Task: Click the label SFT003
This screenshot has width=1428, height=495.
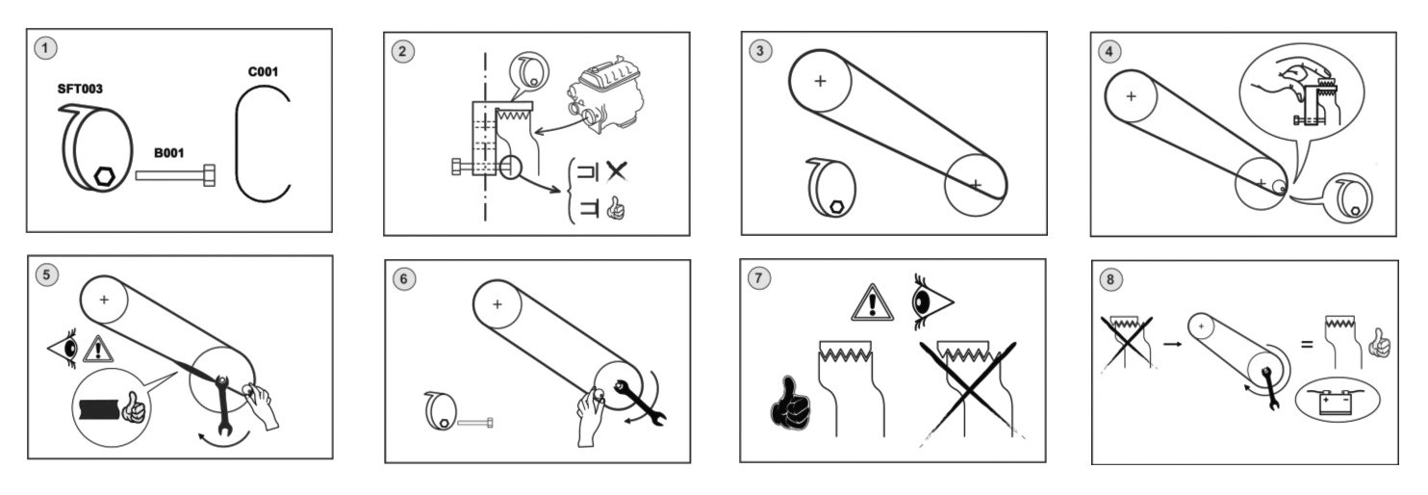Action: pyautogui.click(x=80, y=89)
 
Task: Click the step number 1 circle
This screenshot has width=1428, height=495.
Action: pyautogui.click(x=43, y=46)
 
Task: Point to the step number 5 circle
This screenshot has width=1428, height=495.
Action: pyautogui.click(x=45, y=274)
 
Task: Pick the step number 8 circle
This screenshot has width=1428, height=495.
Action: pyautogui.click(x=1111, y=279)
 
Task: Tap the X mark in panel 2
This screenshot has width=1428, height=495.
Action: pyautogui.click(x=616, y=171)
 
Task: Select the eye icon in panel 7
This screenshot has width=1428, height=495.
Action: pyautogui.click(x=931, y=300)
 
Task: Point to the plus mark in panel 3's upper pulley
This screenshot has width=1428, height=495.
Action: pyautogui.click(x=820, y=81)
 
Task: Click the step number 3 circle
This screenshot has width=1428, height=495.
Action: pyautogui.click(x=760, y=51)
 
